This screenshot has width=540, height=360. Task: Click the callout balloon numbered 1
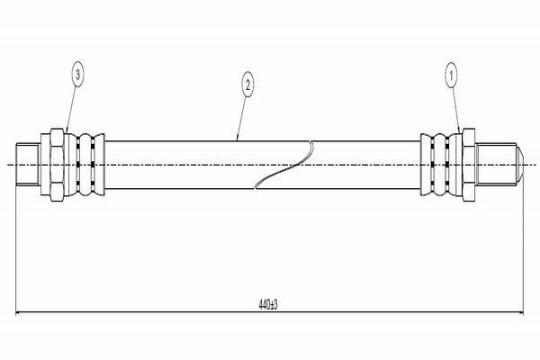point(451,74)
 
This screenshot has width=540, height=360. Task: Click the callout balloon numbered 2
point(247,84)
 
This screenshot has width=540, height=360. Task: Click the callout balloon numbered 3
point(78,74)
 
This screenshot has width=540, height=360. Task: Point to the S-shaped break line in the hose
point(283,165)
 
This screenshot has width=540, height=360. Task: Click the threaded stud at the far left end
point(28,165)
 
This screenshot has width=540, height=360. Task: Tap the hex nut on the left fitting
point(58,165)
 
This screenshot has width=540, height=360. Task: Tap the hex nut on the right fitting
point(469,165)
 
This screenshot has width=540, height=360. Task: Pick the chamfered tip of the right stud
point(520,165)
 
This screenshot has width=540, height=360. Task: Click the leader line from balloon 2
point(242,118)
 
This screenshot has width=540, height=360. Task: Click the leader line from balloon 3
point(71,109)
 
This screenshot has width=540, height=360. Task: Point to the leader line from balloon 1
point(456,109)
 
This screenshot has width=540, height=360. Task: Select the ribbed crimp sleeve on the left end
point(85,165)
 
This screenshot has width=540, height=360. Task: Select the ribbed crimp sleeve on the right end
point(441,165)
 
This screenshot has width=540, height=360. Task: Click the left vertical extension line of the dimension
point(16,246)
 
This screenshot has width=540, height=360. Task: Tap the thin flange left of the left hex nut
point(46,165)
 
